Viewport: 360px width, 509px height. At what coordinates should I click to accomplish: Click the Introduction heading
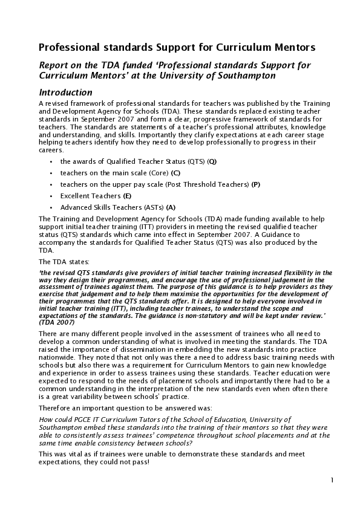coord(65,93)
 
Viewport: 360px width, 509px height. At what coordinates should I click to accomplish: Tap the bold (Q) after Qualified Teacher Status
coord(212,162)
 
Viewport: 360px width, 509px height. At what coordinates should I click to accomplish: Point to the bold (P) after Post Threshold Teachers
coord(256,184)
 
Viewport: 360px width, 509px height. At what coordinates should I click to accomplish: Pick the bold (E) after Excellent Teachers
coord(127,196)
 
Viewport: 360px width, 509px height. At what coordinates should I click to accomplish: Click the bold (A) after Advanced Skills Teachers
coord(171,207)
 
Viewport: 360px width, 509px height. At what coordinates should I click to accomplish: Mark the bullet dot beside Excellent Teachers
coord(52,196)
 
